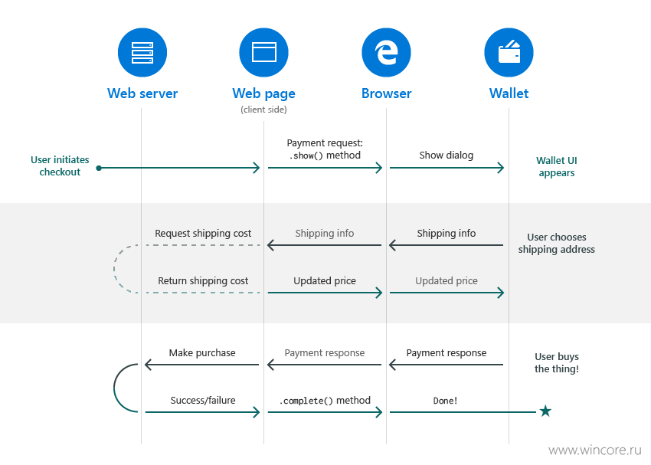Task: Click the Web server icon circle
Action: (x=142, y=53)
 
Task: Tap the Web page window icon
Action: (x=264, y=52)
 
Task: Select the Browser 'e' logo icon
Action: (x=386, y=53)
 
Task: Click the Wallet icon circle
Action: (x=509, y=53)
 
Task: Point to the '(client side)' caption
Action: (x=263, y=110)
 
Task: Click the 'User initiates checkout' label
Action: (x=60, y=166)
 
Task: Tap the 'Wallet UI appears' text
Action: (x=557, y=167)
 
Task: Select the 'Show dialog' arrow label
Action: (x=447, y=156)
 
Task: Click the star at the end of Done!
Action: (x=545, y=411)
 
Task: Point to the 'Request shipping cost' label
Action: (x=203, y=234)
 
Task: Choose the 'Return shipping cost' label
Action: (x=203, y=281)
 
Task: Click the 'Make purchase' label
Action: (x=202, y=353)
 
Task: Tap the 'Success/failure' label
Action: (x=203, y=400)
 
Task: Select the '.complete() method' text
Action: (x=325, y=401)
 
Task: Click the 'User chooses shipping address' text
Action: (x=556, y=244)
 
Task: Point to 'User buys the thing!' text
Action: (x=557, y=363)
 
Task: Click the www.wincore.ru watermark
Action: (x=595, y=450)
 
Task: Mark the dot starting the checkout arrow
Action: (x=99, y=168)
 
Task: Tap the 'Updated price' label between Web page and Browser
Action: (x=325, y=281)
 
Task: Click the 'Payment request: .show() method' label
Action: (x=325, y=149)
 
